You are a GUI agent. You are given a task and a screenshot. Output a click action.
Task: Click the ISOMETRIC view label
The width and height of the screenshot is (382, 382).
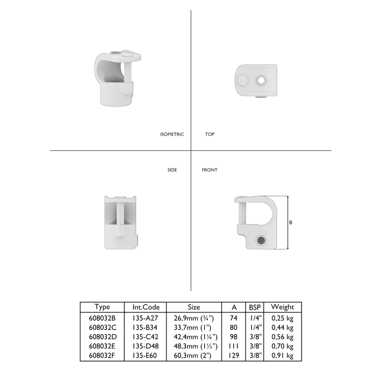tap(172, 134)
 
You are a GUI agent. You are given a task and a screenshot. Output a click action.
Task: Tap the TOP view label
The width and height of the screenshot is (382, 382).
tap(209, 134)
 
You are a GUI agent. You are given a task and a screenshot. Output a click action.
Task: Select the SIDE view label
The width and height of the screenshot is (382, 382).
tap(172, 170)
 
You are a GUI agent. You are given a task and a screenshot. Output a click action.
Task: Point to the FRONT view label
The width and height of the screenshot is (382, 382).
tap(209, 170)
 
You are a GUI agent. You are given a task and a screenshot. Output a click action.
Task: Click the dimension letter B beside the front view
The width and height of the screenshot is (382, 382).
tap(291, 223)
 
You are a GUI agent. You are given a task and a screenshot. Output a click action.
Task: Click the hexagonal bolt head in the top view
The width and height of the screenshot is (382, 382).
tap(242, 79)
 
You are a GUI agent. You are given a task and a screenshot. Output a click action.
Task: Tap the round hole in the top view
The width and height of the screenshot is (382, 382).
tap(261, 80)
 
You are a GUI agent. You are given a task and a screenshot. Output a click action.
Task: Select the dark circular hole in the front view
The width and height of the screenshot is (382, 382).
tap(261, 240)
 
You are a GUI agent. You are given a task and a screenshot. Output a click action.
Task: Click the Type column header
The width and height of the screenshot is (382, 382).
tap(102, 307)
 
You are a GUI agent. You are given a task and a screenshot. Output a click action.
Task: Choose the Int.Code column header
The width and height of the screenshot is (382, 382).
tap(146, 307)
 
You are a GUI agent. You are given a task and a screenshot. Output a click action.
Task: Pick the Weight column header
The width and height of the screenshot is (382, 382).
tap(282, 307)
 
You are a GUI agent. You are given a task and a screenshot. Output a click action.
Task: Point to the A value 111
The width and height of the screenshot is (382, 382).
tap(234, 346)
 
